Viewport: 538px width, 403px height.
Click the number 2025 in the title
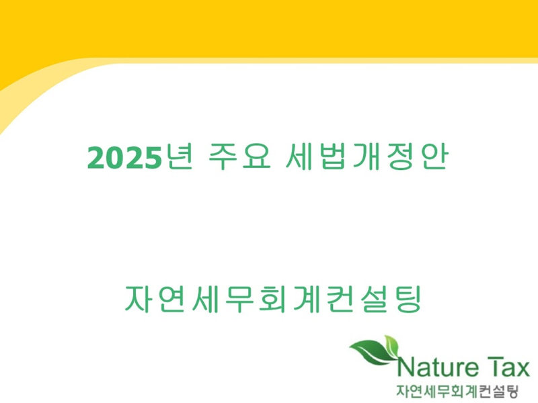[124, 158]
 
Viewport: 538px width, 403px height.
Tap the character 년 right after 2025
[179, 156]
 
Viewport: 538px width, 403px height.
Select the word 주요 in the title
[240, 156]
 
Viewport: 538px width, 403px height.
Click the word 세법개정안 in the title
[367, 156]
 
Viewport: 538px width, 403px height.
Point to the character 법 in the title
[332, 156]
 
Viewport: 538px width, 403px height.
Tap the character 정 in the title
[401, 156]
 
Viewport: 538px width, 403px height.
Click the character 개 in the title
[367, 156]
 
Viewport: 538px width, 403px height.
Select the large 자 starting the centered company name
[139, 298]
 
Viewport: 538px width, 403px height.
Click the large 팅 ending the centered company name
[408, 298]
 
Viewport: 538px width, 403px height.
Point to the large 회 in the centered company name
[273, 298]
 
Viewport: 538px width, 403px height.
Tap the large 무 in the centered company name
[239, 298]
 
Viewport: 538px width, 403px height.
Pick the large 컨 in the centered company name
[340, 298]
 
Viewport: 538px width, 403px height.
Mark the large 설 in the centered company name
[375, 298]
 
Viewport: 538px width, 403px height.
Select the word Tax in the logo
[508, 367]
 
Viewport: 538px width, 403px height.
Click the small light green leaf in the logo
[391, 345]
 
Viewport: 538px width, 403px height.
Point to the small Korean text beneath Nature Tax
[457, 391]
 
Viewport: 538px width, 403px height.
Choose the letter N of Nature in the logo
[406, 367]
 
